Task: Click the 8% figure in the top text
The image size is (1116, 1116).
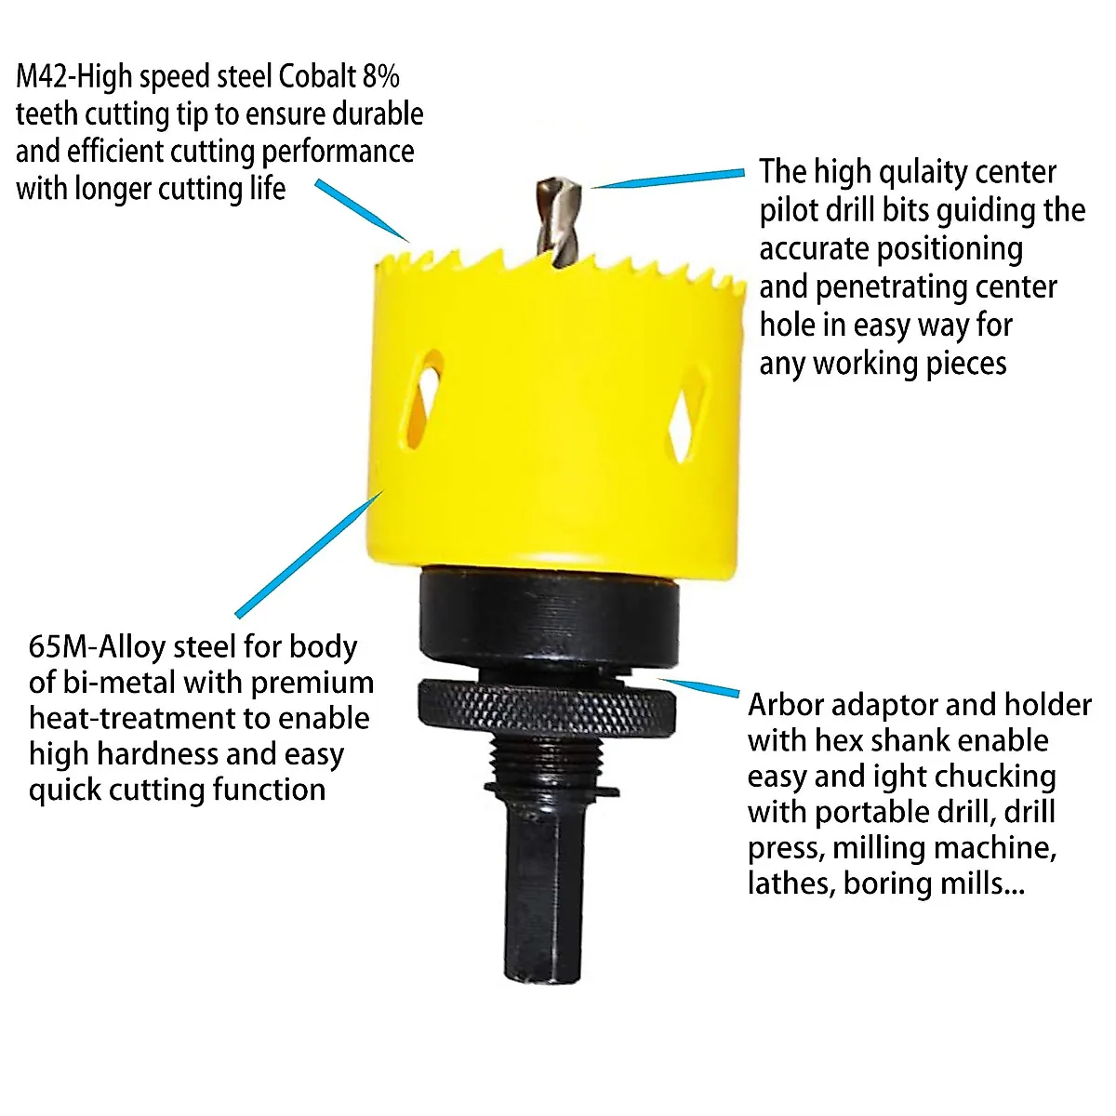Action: tap(381, 76)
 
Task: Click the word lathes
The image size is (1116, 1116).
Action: tap(790, 883)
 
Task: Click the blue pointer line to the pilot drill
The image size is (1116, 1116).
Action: tap(670, 179)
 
